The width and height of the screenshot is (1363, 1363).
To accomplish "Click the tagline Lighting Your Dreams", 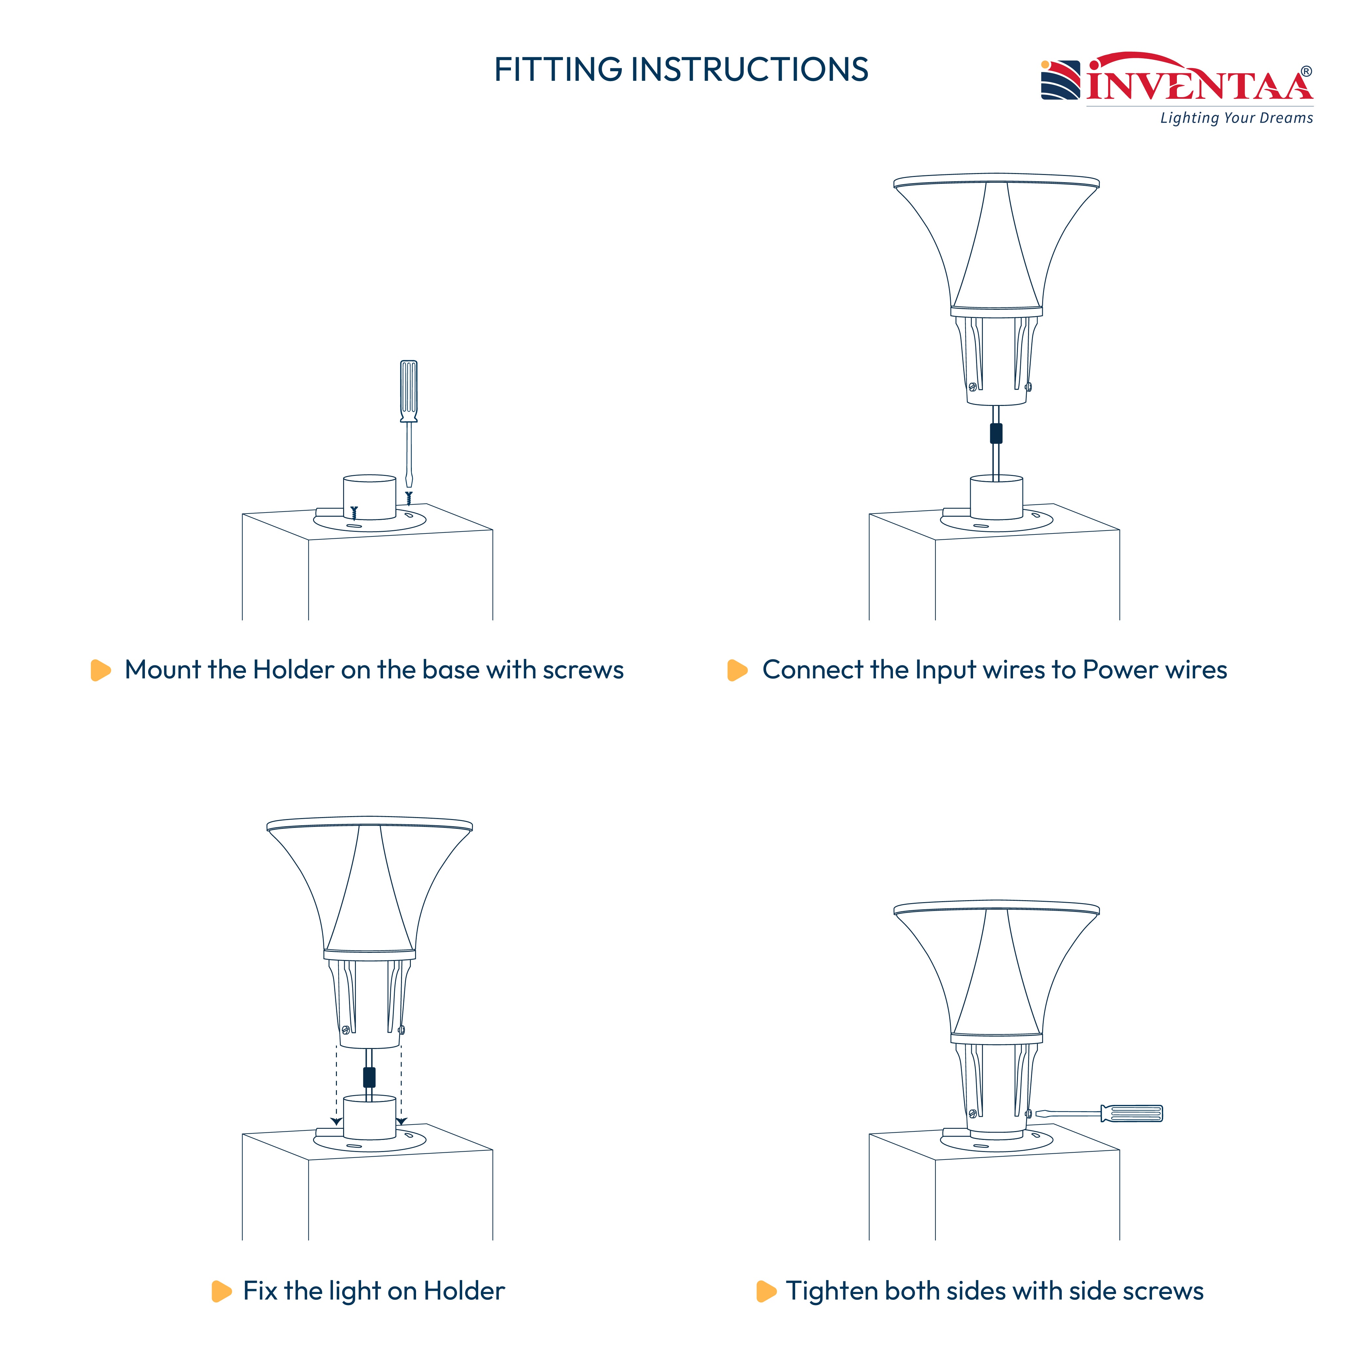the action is click(1237, 118).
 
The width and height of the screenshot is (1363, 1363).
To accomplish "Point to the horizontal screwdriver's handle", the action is click(1131, 1113).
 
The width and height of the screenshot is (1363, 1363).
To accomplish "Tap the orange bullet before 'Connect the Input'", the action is click(737, 670).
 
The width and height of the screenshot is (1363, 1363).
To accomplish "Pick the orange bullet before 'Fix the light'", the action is click(221, 1291).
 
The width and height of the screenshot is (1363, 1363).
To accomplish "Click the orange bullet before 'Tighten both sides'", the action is click(766, 1291).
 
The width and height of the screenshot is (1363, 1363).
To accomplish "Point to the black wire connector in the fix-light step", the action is click(369, 1077).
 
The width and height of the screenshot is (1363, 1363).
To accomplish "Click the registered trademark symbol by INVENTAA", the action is click(1306, 71).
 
